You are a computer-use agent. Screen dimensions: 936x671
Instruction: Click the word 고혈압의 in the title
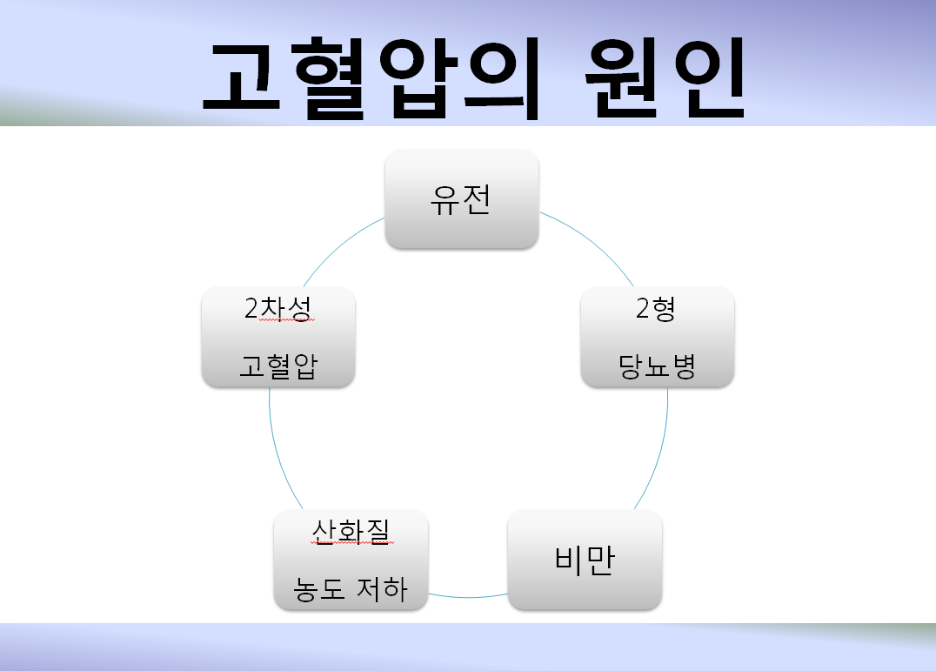(371, 78)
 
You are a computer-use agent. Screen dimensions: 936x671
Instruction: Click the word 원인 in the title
(665, 78)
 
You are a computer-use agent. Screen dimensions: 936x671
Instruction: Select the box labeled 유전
(461, 199)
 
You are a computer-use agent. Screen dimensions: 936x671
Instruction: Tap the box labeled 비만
(585, 560)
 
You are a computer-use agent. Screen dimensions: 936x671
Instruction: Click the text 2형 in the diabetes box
(655, 309)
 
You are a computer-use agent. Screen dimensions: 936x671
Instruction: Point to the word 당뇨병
(657, 366)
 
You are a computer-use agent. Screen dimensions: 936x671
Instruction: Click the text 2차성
(278, 308)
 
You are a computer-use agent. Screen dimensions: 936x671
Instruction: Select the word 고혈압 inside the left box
(278, 366)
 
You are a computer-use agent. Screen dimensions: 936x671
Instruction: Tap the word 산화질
(351, 531)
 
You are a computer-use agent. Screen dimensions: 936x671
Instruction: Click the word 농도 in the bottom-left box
(318, 589)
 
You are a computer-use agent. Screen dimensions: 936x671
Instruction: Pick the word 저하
(382, 589)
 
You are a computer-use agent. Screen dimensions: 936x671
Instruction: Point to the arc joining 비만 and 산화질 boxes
(468, 596)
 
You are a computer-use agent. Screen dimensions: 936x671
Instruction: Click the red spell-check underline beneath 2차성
(286, 321)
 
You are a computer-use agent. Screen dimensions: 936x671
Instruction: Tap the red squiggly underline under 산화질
(352, 543)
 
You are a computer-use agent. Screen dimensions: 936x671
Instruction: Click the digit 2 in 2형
(642, 309)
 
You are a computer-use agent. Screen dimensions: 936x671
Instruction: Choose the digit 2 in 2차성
(251, 308)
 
